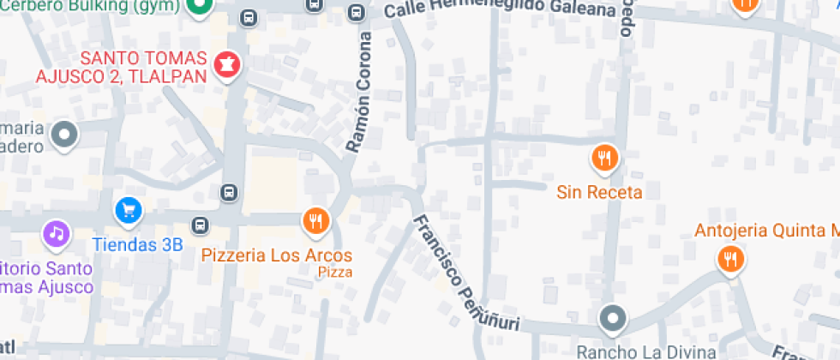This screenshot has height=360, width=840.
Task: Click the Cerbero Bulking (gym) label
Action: [90, 7]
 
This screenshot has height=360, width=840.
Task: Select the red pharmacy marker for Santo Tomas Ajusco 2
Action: [227, 63]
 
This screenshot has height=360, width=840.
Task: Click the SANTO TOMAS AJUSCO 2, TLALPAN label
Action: [122, 67]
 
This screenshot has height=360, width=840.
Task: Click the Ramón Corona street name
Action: [359, 93]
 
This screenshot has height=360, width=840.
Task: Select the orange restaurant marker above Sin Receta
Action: [605, 158]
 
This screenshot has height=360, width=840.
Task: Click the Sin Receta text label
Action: [599, 192]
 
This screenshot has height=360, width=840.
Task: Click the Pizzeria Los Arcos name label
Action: [277, 255]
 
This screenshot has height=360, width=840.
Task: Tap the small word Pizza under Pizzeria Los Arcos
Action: [335, 273]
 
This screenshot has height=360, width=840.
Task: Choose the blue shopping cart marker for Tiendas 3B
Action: [129, 209]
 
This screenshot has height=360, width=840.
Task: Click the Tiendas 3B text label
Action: [137, 244]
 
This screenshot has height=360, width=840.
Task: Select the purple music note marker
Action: [57, 233]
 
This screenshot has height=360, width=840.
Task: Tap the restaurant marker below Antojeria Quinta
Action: [730, 258]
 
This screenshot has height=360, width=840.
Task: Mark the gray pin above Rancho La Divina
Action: [612, 319]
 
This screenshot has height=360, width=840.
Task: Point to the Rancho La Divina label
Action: [645, 351]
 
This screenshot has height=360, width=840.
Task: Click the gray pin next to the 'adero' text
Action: [64, 135]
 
